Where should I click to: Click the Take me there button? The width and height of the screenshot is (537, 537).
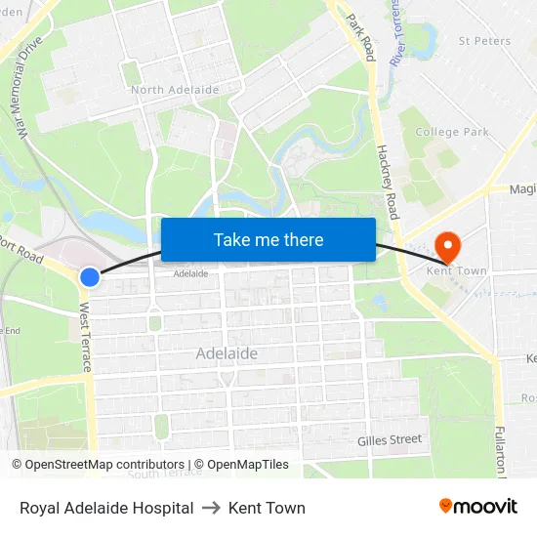click(268, 240)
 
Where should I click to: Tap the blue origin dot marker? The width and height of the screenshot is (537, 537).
click(89, 277)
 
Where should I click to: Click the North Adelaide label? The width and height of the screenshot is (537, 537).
click(175, 90)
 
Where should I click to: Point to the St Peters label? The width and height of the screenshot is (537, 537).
click(484, 41)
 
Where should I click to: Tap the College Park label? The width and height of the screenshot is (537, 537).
click(451, 132)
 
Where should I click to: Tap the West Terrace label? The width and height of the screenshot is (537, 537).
click(85, 337)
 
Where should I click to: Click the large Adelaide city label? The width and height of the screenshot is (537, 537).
click(227, 353)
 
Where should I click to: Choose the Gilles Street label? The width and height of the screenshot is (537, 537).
click(389, 439)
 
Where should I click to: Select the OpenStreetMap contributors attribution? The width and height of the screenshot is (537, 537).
click(99, 465)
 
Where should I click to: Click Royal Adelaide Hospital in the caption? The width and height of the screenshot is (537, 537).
click(106, 508)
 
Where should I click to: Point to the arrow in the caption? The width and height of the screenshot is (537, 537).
click(211, 508)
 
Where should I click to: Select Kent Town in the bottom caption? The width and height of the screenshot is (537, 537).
click(267, 508)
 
